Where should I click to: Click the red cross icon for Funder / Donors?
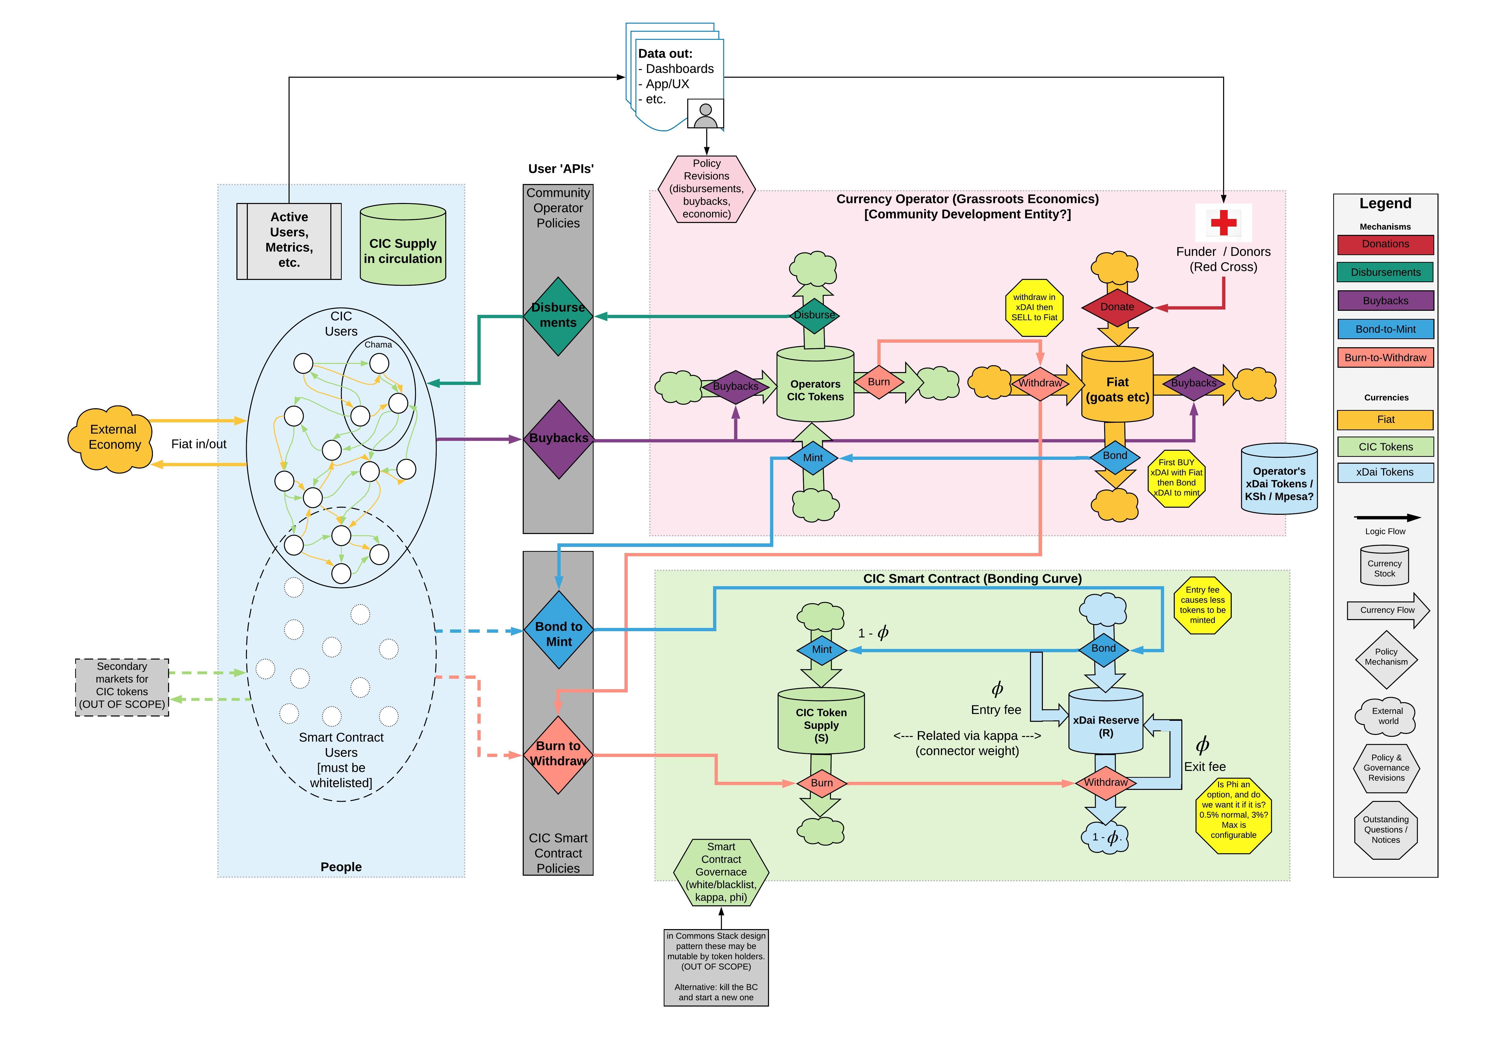click(1223, 222)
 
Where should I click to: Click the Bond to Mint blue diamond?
click(558, 630)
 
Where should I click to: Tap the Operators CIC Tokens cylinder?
click(815, 386)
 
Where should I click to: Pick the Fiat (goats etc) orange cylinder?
click(1117, 386)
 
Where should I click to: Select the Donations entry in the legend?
click(1385, 244)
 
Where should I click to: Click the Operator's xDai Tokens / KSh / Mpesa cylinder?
click(1279, 480)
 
